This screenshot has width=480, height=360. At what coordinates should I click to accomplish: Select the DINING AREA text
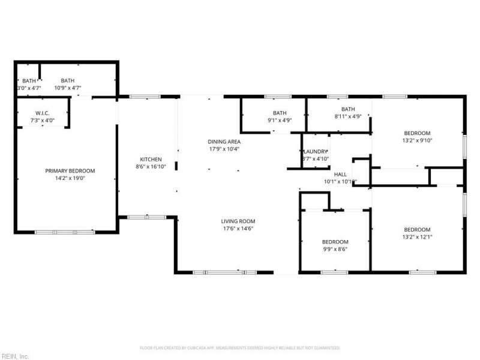[x=224, y=142]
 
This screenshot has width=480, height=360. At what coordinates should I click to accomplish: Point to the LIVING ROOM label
[x=238, y=221]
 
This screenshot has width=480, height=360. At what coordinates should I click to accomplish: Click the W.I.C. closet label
[x=42, y=113]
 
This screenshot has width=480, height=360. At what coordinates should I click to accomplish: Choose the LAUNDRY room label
[x=316, y=152]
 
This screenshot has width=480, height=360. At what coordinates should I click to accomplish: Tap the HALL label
[x=340, y=174]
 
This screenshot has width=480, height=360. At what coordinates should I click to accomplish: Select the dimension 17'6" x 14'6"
[x=238, y=228]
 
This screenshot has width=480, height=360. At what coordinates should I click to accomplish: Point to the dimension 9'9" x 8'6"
[x=335, y=249]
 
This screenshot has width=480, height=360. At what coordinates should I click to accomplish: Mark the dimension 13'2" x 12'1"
[x=417, y=237]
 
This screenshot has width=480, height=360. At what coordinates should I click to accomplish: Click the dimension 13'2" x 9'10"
[x=417, y=140]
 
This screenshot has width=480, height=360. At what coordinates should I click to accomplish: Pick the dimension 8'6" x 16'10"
[x=148, y=167]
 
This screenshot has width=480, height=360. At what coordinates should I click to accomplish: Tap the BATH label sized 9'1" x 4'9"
[x=280, y=113]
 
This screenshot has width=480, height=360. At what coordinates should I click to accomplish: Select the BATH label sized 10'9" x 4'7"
[x=67, y=81]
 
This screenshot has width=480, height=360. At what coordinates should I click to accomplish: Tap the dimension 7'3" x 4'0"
[x=42, y=120]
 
